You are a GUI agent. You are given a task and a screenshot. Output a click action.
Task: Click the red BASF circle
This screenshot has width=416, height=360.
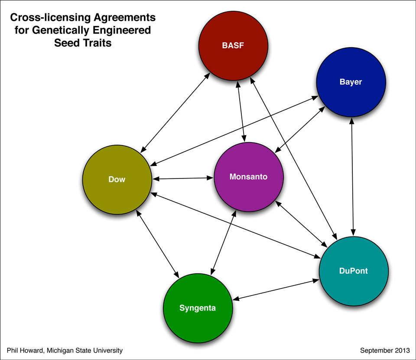233,45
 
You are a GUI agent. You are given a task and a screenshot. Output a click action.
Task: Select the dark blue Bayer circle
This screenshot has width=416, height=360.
351,82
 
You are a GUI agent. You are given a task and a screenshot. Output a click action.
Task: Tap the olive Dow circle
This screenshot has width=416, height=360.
117,180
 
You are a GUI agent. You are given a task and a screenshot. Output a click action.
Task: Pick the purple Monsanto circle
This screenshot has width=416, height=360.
249,177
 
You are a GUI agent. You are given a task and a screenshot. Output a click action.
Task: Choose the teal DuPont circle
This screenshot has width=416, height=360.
354,271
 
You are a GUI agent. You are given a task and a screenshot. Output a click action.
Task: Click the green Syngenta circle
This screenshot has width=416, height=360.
198,308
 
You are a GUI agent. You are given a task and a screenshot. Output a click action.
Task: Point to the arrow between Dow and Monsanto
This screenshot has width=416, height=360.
183,178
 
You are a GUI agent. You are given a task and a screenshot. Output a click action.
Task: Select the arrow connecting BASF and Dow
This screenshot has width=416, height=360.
175,113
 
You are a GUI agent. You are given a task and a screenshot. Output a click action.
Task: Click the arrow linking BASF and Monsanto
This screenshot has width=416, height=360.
241,111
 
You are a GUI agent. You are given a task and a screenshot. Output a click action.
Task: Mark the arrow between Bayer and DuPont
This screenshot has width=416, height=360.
352,177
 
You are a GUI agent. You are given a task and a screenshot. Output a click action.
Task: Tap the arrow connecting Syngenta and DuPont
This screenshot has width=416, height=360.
276,290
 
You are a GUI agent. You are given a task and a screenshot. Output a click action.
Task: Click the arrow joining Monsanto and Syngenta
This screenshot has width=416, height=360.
224,243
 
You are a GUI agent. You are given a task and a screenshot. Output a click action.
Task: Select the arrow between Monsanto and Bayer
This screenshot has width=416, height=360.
300,130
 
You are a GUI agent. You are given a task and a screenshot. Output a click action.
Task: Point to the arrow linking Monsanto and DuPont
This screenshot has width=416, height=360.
302,224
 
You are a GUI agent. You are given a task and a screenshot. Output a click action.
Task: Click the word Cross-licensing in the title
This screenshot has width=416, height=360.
50,17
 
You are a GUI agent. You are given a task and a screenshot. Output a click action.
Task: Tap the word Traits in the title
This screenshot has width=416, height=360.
97,43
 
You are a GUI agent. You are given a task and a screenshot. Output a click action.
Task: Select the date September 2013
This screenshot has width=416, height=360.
385,350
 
